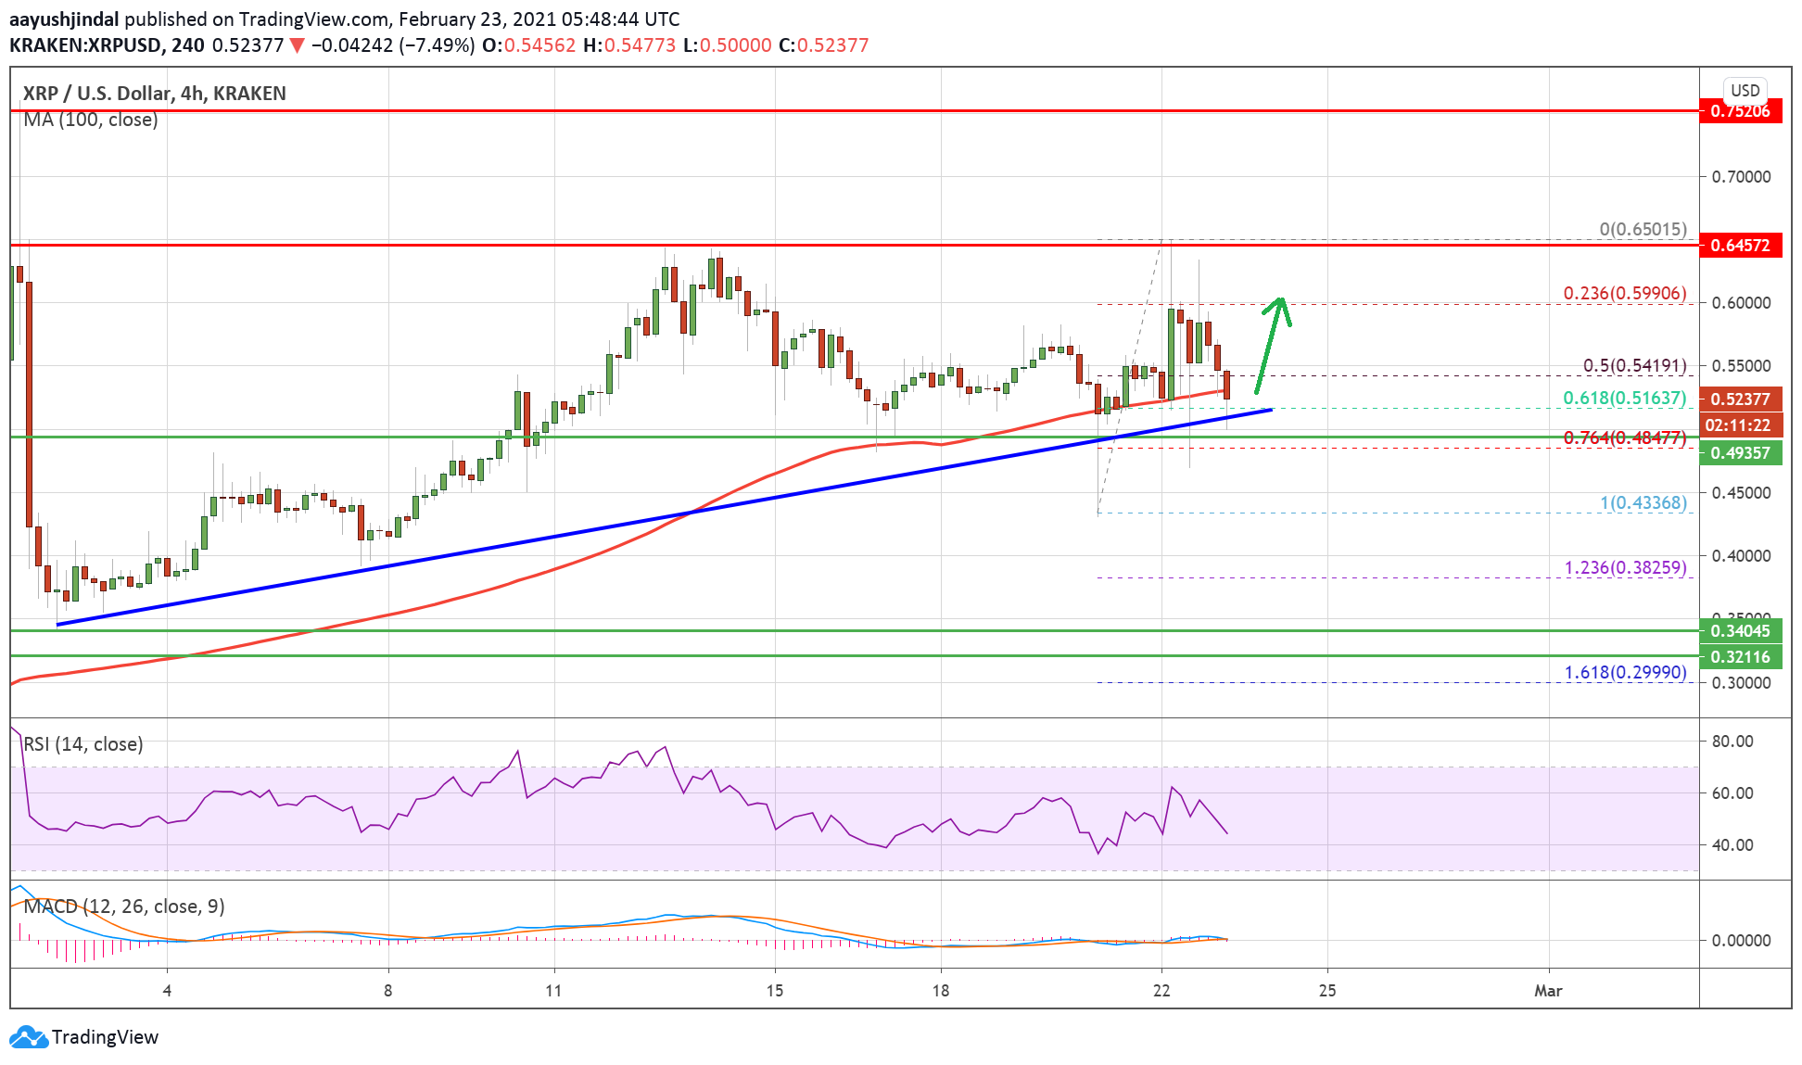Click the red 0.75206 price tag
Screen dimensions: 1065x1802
coord(1740,111)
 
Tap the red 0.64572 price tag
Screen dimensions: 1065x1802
coord(1740,246)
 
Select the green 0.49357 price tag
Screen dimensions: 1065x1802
coord(1740,453)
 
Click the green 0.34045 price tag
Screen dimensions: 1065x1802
coord(1740,631)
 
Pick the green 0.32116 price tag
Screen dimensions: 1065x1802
coord(1740,657)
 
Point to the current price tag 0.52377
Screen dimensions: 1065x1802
coord(1740,399)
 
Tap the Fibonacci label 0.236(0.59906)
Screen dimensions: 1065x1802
coord(1624,293)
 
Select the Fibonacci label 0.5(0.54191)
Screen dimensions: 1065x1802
coord(1634,365)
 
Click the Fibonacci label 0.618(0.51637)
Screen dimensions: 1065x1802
coord(1624,398)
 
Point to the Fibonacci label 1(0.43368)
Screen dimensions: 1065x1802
coord(1643,502)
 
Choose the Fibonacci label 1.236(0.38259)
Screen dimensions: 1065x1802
coord(1625,567)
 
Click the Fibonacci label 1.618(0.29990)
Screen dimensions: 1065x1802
coord(1625,672)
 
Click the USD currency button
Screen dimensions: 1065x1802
coord(1745,91)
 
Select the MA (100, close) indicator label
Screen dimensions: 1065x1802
coord(91,120)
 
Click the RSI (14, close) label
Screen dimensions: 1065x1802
coord(83,744)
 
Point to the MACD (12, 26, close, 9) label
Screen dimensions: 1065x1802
coord(124,907)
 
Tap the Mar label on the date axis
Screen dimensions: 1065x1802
coord(1547,991)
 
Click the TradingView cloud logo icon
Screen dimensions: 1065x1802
coord(28,1037)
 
